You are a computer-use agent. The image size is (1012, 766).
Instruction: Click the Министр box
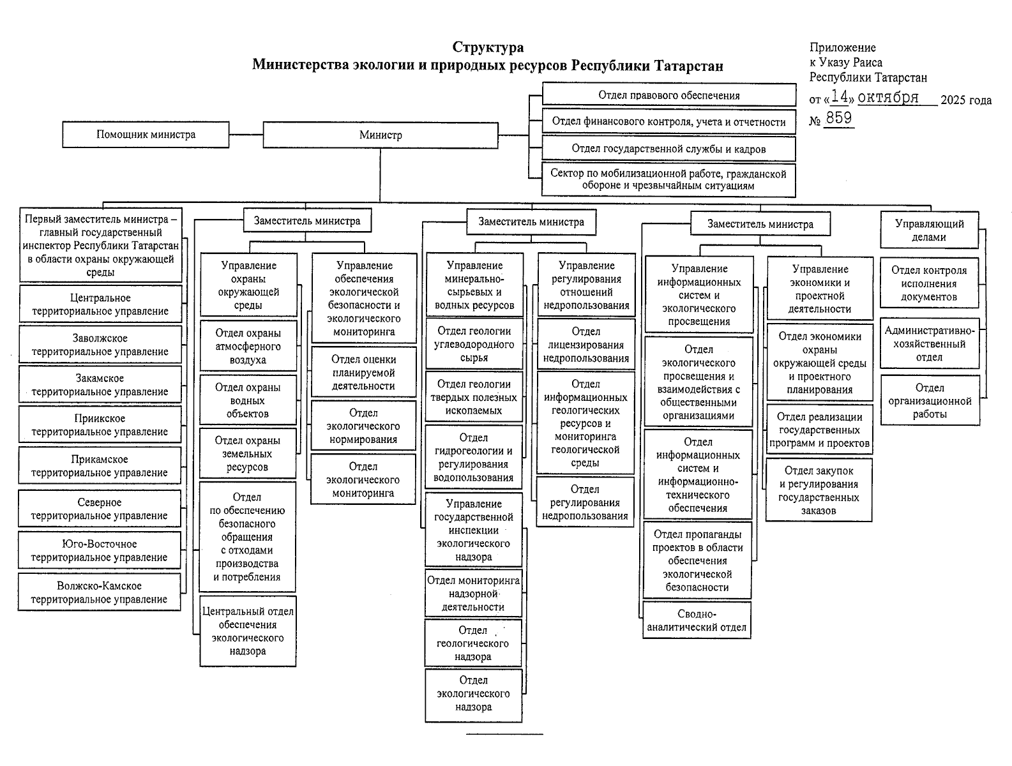click(x=381, y=135)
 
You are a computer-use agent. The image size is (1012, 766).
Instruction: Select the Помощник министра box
click(x=146, y=135)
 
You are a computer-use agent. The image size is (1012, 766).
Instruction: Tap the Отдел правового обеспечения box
click(x=668, y=95)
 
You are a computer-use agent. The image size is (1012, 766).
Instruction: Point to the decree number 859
click(x=838, y=118)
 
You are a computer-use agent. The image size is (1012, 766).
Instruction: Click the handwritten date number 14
click(x=841, y=97)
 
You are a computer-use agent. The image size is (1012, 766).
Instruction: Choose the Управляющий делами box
click(x=929, y=230)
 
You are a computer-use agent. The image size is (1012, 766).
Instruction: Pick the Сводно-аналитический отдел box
click(x=697, y=620)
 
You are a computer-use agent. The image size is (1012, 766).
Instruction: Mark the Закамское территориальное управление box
click(x=100, y=385)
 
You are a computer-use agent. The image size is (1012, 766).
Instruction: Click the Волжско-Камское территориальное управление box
click(x=99, y=592)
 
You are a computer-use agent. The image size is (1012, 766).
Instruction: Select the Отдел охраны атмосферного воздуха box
click(x=248, y=347)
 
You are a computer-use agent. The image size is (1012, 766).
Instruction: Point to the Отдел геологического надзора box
click(x=473, y=643)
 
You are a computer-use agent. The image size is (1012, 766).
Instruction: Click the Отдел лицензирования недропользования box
click(x=586, y=345)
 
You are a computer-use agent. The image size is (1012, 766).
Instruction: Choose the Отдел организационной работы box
click(x=930, y=401)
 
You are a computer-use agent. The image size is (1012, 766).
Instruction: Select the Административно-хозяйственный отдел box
click(x=930, y=344)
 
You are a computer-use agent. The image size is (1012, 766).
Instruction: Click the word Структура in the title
click(x=488, y=48)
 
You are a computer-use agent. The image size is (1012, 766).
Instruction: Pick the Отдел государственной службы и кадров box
click(x=668, y=149)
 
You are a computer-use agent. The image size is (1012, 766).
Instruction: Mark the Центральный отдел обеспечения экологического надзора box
click(x=248, y=631)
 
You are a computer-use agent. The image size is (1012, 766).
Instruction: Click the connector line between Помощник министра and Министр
click(x=246, y=135)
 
